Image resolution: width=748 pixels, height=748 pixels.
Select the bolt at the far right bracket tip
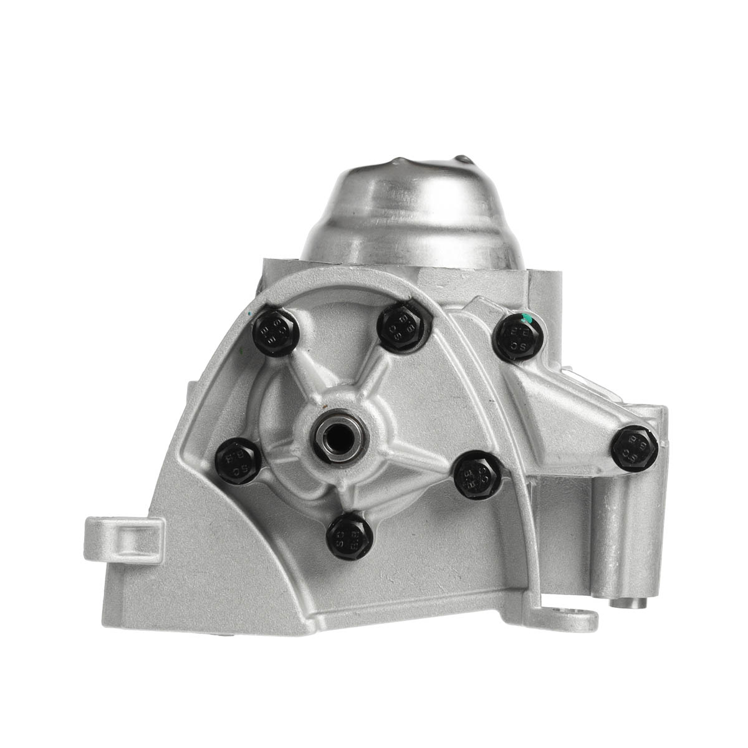click(x=635, y=448)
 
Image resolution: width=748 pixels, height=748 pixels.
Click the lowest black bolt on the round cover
click(x=350, y=535)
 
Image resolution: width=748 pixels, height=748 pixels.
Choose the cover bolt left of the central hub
click(x=238, y=460)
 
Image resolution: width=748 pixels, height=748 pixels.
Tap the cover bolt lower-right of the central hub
click(x=477, y=474)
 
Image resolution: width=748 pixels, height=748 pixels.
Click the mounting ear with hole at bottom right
click(x=570, y=620)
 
